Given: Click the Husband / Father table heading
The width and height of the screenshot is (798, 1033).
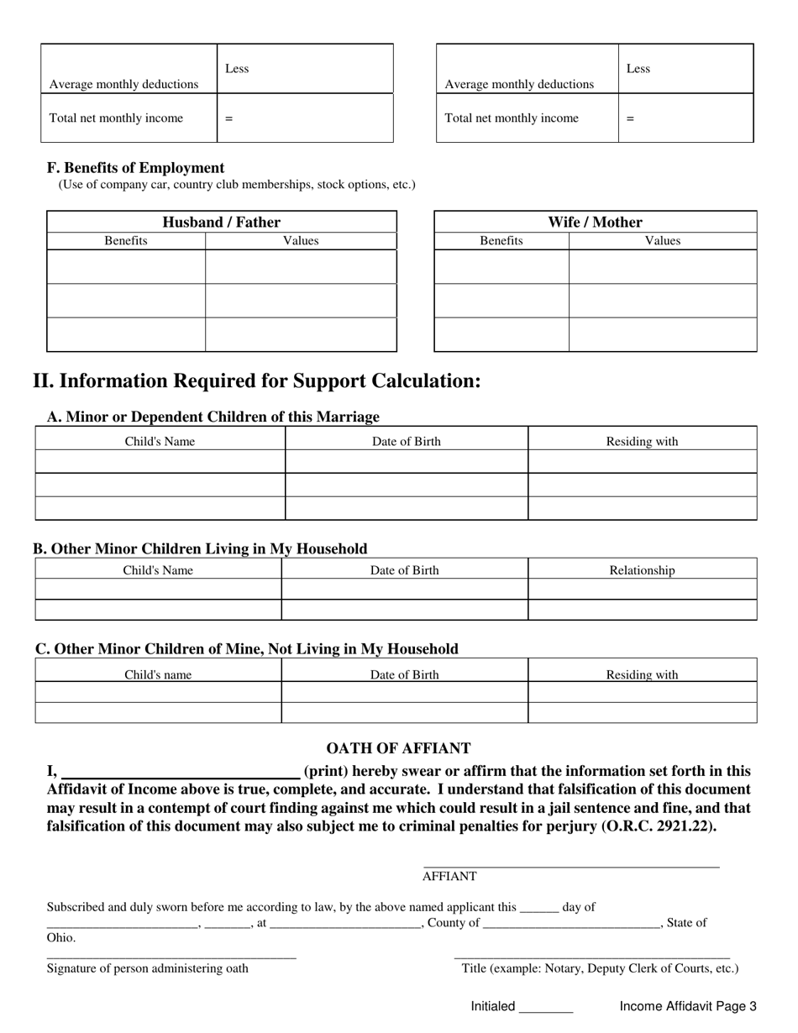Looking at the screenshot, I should click(221, 222).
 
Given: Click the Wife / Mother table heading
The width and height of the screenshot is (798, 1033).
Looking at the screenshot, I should click(595, 222).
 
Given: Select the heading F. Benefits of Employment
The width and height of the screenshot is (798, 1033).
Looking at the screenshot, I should click(135, 168).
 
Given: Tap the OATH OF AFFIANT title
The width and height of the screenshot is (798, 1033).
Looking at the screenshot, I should click(398, 748).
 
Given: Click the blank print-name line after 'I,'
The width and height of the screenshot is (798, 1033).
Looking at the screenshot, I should click(181, 772).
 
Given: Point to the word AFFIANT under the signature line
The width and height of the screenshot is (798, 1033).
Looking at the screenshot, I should click(449, 876).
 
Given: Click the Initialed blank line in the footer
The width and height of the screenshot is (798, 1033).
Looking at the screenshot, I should click(546, 1007).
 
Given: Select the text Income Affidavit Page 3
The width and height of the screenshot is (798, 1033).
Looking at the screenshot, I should click(688, 1006).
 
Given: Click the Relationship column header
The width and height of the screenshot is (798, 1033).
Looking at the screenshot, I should click(642, 570).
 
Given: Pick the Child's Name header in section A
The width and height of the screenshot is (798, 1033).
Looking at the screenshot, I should click(160, 441).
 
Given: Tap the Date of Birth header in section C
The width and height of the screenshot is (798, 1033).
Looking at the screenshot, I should click(405, 674).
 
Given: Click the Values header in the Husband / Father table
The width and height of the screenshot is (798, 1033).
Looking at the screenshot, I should click(301, 241).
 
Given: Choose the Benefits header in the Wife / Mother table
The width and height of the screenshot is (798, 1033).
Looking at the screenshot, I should click(501, 241).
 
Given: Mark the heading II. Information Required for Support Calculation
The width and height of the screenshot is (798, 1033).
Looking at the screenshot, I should click(257, 381).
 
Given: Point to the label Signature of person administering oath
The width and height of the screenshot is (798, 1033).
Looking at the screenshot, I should click(148, 968).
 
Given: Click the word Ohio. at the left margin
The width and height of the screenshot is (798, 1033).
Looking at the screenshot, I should click(61, 937).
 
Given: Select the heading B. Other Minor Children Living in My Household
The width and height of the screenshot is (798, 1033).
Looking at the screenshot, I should click(200, 549).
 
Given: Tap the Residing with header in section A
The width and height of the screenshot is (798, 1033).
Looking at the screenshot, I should click(642, 441).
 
